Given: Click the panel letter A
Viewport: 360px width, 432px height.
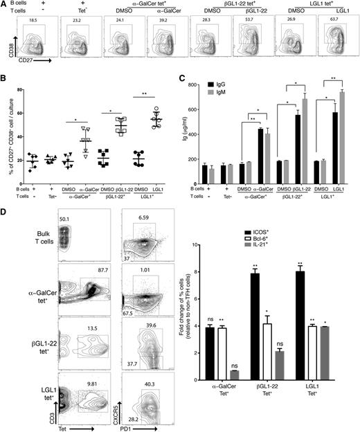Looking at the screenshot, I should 5,5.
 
